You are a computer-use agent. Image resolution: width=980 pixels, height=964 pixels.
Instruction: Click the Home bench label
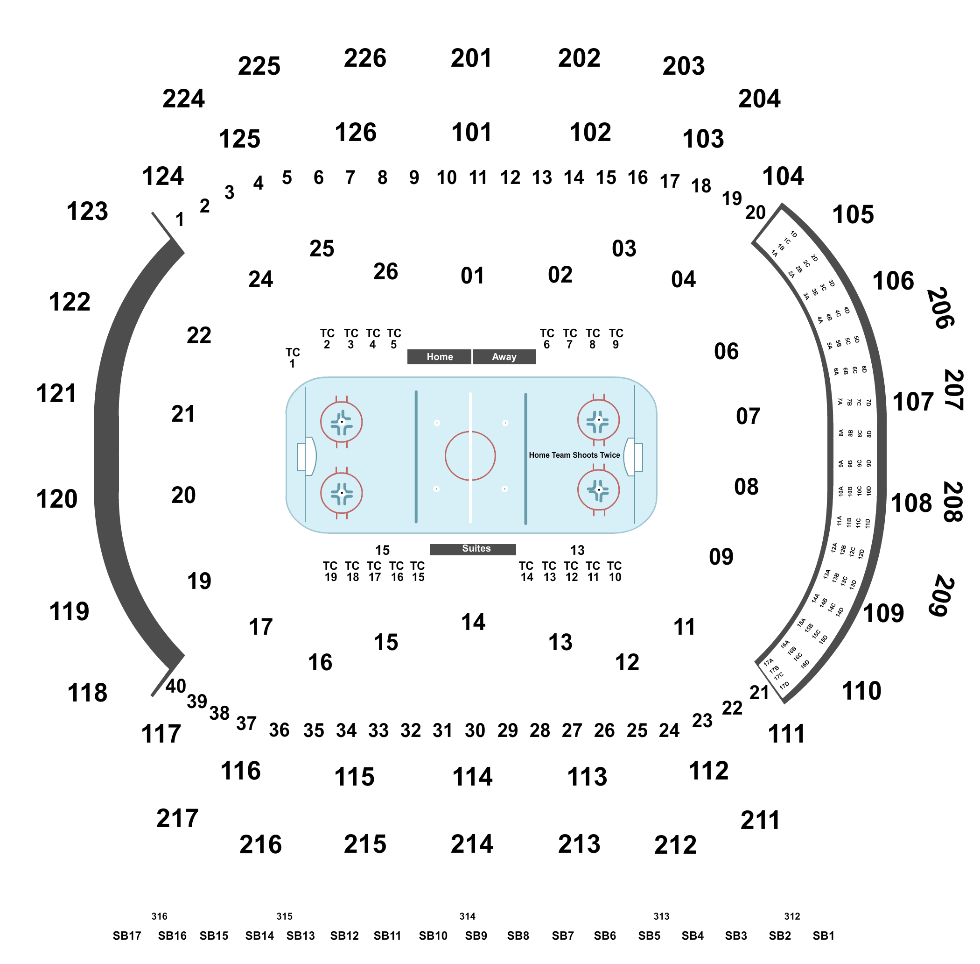(439, 356)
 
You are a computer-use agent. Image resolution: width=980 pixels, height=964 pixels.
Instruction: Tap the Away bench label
(504, 356)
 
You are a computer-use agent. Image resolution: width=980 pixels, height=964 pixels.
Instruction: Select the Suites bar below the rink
(473, 549)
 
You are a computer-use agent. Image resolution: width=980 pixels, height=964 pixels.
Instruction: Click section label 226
(365, 58)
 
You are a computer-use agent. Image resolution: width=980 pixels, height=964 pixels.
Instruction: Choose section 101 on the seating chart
(471, 133)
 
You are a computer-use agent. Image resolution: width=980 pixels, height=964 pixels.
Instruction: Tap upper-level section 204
(759, 99)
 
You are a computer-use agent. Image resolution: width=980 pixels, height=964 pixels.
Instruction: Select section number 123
(87, 211)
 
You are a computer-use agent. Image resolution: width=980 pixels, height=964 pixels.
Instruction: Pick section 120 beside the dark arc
(56, 499)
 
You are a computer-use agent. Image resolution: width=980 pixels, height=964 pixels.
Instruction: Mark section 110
(861, 691)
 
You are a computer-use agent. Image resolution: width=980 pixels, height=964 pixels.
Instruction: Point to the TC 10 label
(614, 571)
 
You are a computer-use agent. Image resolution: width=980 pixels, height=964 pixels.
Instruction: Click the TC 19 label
(330, 571)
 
